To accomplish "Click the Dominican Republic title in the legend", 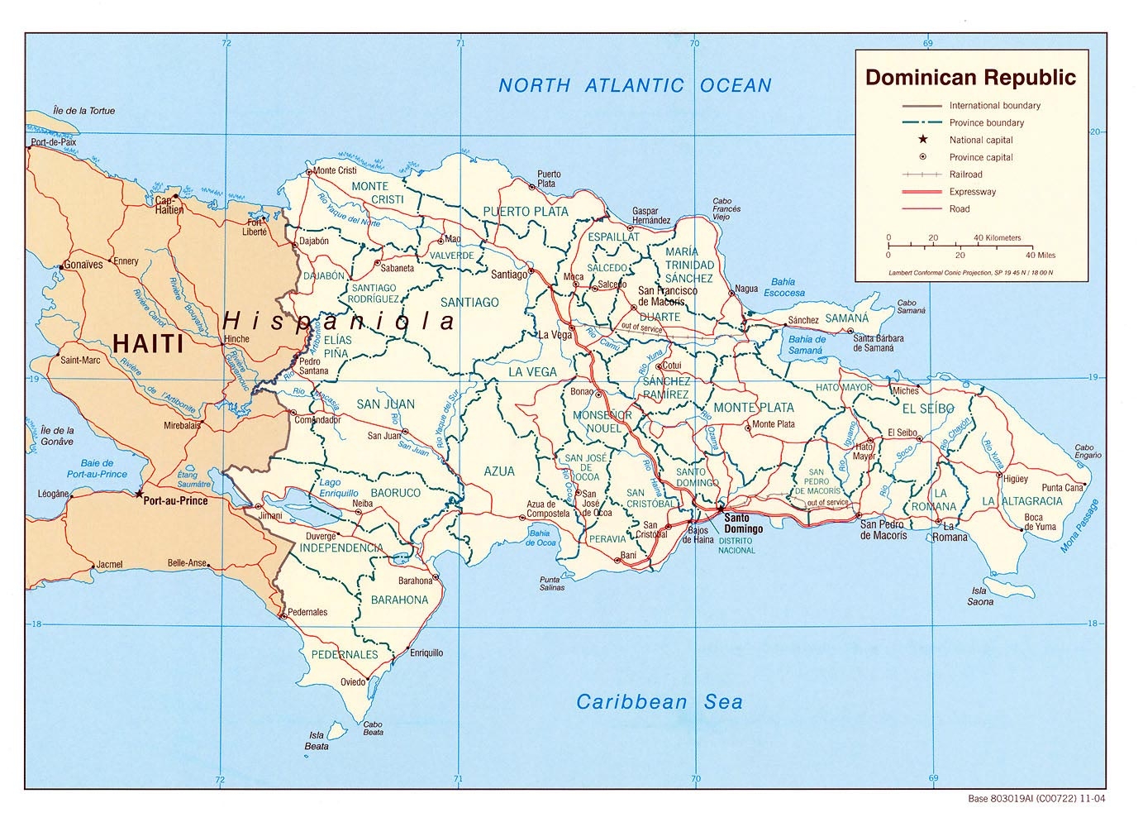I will pyautogui.click(x=970, y=78).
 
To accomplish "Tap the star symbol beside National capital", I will pyautogui.click(x=922, y=140).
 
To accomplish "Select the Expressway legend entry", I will pyautogui.click(x=972, y=192).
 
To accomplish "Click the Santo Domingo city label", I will pyautogui.click(x=743, y=523).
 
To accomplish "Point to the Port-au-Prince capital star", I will pyautogui.click(x=138, y=494).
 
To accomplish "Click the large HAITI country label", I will pyautogui.click(x=148, y=343).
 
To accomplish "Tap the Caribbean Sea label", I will pyautogui.click(x=659, y=702).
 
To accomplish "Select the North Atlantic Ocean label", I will pyautogui.click(x=635, y=85).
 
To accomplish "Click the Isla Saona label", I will pyautogui.click(x=980, y=596).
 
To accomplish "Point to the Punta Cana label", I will pyautogui.click(x=1062, y=488).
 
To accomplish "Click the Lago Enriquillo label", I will pyautogui.click(x=339, y=488).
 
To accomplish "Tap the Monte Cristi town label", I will pyautogui.click(x=335, y=170).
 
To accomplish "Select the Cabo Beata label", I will pyautogui.click(x=373, y=729).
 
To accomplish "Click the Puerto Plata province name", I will pyautogui.click(x=526, y=212).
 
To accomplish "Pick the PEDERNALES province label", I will pyautogui.click(x=344, y=654).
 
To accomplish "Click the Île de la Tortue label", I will pyautogui.click(x=83, y=111).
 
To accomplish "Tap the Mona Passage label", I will pyautogui.click(x=1080, y=526).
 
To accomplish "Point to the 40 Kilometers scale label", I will pyautogui.click(x=997, y=237).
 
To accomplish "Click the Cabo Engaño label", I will pyautogui.click(x=1088, y=451).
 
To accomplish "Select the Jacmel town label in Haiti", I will pyautogui.click(x=109, y=565).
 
